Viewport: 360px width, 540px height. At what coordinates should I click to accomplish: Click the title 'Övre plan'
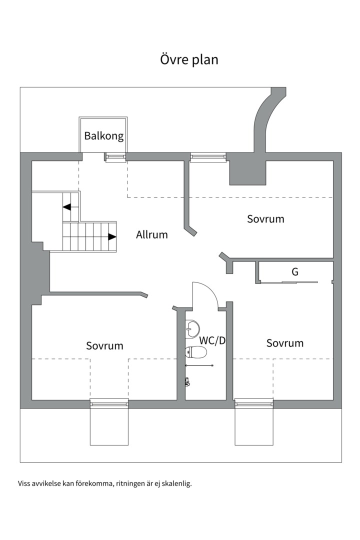tap(189, 59)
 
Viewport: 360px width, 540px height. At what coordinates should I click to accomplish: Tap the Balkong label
tap(103, 135)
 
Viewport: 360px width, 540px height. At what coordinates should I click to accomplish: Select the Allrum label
tap(152, 234)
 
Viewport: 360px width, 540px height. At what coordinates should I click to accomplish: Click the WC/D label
tap(213, 340)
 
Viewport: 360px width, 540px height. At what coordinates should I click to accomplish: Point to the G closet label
tap(295, 272)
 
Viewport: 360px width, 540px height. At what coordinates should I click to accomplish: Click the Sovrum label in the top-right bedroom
tap(265, 219)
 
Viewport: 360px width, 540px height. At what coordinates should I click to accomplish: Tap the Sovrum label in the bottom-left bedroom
tap(104, 345)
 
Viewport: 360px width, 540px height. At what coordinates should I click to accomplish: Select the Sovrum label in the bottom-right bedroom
tap(284, 343)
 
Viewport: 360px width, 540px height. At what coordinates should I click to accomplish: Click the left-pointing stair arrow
tap(67, 206)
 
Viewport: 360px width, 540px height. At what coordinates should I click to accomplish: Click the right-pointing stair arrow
tap(112, 236)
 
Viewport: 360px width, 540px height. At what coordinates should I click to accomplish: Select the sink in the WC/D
tap(191, 328)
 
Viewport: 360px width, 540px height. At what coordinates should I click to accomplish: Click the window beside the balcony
tap(115, 157)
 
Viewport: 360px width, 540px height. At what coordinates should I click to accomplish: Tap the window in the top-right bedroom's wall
tap(208, 157)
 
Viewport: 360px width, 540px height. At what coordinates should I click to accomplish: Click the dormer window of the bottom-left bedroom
tap(109, 403)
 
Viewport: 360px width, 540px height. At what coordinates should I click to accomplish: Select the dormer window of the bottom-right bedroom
tap(254, 403)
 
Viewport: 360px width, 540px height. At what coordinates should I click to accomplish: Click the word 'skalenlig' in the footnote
tap(177, 483)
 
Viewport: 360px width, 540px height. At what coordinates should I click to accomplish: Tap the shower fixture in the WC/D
tap(187, 381)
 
